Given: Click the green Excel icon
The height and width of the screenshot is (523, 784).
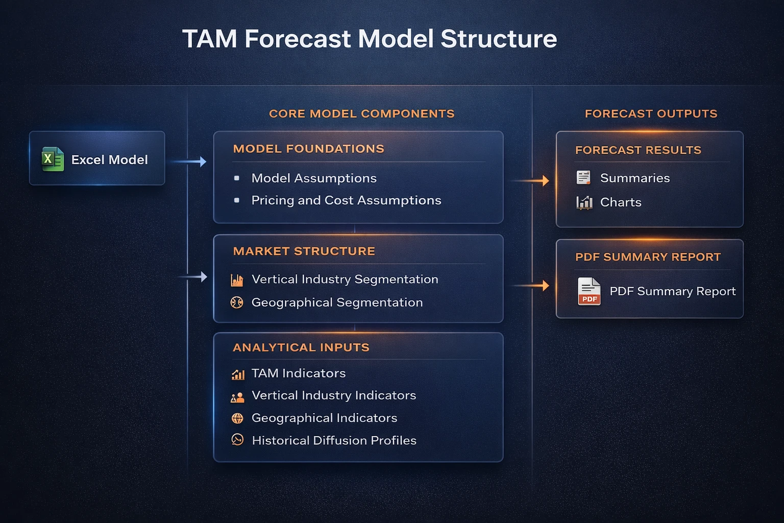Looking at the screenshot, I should click(53, 159).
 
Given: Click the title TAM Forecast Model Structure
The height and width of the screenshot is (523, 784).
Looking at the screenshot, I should click(370, 39).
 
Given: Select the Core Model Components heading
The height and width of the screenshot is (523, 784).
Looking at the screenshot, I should click(361, 113).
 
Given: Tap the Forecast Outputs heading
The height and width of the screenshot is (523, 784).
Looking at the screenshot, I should click(651, 113).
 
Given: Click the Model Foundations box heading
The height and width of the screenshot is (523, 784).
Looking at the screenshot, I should click(308, 149).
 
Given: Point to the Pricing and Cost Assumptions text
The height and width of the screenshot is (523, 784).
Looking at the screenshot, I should click(346, 200).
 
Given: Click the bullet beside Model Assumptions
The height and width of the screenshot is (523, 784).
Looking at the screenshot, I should click(237, 178).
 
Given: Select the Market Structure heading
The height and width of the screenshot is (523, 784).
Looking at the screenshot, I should click(304, 251).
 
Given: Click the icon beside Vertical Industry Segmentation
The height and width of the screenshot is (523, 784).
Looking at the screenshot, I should click(237, 280).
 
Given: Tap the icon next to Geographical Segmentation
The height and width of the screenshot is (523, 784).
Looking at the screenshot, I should click(237, 302).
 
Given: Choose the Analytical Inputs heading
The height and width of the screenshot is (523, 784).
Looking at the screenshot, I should click(301, 347).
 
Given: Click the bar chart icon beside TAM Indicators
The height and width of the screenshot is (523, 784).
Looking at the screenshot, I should click(238, 374).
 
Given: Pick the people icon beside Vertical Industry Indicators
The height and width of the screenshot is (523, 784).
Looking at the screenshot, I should click(237, 397).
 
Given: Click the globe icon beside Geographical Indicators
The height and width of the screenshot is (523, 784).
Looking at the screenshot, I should click(237, 418).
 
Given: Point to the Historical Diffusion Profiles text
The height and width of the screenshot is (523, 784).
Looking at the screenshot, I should click(334, 440).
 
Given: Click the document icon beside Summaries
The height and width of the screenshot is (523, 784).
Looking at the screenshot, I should click(583, 178).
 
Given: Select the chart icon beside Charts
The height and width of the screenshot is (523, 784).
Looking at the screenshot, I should click(584, 203).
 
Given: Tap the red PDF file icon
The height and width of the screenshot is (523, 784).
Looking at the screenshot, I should click(589, 291).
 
